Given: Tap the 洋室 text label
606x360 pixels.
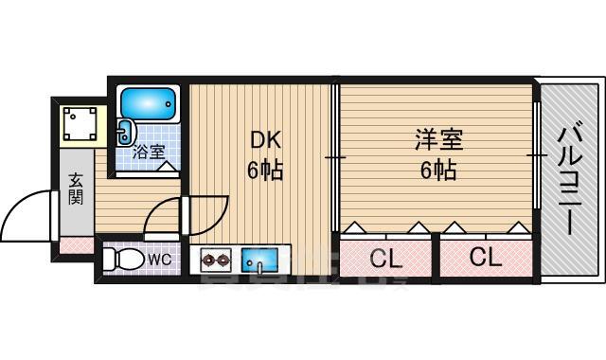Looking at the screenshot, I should click(437, 140).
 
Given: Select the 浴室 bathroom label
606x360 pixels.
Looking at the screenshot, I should click(148, 152).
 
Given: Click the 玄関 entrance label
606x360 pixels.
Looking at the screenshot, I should click(76, 189).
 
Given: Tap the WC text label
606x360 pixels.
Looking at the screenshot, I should click(159, 257).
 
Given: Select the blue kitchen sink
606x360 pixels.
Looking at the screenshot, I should click(258, 259).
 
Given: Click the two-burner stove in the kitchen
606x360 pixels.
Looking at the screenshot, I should click(217, 259).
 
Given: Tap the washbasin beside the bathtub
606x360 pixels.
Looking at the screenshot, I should click(126, 133).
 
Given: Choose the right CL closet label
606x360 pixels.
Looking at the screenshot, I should click(484, 257).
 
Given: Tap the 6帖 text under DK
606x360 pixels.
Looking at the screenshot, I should click(266, 171).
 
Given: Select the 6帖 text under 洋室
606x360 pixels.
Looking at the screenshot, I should click(437, 171).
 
